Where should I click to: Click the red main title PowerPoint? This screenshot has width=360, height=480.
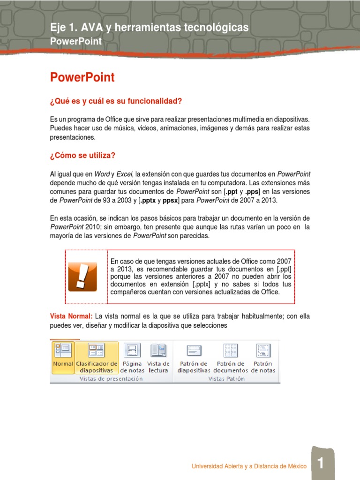(82, 77)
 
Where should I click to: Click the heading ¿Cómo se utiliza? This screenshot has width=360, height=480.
(82, 155)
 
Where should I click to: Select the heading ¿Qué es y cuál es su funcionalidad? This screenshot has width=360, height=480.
(116, 101)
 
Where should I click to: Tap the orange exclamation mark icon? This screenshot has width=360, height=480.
(82, 277)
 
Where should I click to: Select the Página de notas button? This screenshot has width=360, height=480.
(132, 357)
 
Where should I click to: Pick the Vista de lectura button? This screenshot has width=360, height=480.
(158, 357)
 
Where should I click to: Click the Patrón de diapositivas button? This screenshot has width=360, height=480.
(194, 357)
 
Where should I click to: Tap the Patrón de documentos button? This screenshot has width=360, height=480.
(231, 357)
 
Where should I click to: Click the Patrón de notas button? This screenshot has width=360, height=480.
(263, 357)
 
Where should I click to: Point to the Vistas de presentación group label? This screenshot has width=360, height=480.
(111, 379)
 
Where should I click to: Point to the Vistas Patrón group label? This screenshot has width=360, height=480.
(226, 379)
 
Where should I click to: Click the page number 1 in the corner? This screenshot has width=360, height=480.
(321, 464)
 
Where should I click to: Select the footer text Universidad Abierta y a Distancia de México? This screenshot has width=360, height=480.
(249, 466)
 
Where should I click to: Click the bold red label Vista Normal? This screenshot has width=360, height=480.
(71, 316)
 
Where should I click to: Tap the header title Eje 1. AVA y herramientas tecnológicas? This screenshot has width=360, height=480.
(149, 28)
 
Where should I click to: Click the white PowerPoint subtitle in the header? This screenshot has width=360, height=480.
(75, 41)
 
